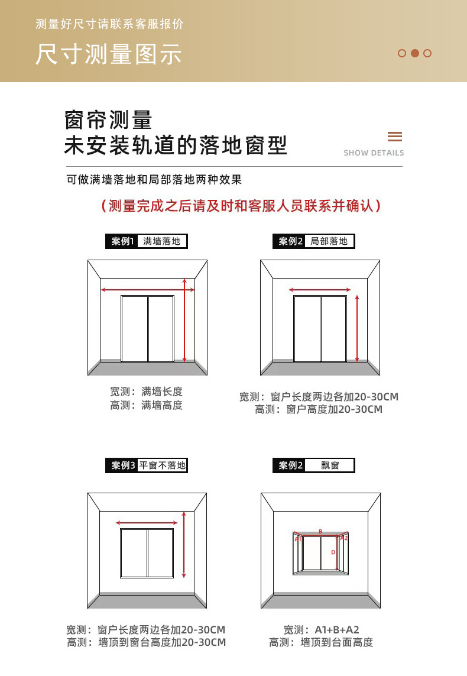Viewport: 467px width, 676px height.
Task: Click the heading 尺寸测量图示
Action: (108, 54)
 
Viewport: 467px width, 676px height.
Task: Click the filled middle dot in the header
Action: (415, 53)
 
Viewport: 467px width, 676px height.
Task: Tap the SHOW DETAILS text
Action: (374, 153)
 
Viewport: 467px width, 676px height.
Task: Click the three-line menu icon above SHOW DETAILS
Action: (395, 137)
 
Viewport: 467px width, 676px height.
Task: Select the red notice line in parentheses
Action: (241, 206)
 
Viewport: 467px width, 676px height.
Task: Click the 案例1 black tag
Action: (123, 241)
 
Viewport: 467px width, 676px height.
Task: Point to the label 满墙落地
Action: (161, 241)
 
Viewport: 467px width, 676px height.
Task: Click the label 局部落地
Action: (329, 241)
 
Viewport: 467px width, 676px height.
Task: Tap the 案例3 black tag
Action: (123, 465)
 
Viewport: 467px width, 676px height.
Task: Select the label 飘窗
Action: (330, 465)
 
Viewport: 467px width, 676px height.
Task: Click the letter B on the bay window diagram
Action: (320, 532)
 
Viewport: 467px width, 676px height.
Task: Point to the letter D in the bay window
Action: (333, 552)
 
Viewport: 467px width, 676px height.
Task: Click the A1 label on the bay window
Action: (298, 539)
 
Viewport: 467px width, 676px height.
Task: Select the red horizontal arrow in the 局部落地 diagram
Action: (320, 290)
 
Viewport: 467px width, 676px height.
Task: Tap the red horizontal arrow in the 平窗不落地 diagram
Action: (147, 523)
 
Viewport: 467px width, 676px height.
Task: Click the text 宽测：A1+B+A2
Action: (321, 630)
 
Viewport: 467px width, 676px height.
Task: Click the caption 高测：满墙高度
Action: (146, 405)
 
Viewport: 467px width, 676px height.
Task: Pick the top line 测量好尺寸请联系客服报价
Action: (110, 24)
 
